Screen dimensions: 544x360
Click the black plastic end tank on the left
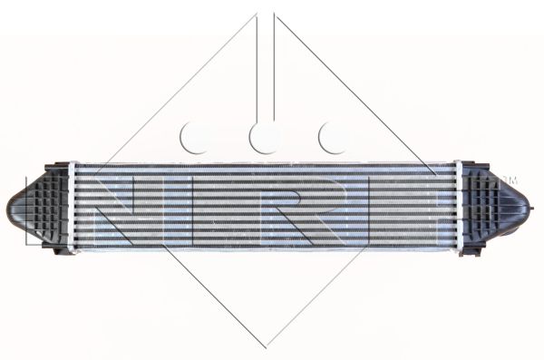pyautogui.click(x=38, y=208)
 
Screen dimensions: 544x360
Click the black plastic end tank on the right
pyautogui.click(x=496, y=208)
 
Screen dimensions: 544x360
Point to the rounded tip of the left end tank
pyautogui.click(x=10, y=208)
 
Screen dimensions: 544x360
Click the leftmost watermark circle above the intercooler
pyautogui.click(x=194, y=138)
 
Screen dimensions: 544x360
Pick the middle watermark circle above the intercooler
pyautogui.click(x=263, y=138)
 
